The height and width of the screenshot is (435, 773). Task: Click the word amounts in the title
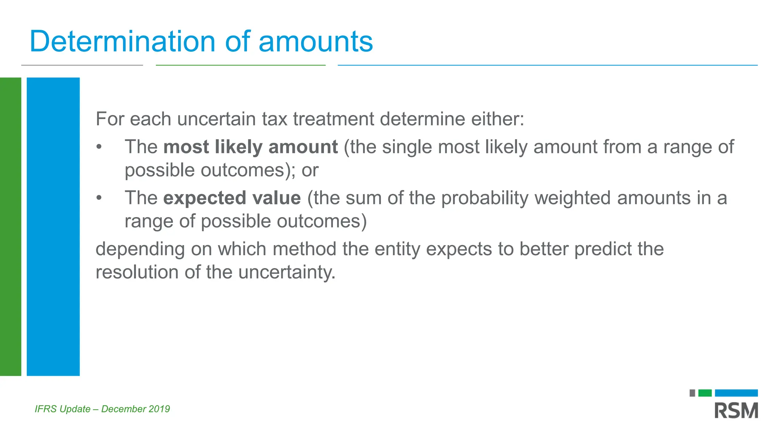[x=316, y=42]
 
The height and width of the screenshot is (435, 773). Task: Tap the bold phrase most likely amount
[x=250, y=147]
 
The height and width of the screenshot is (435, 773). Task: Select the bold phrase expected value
[x=232, y=198]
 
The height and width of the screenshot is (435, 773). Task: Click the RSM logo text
[x=736, y=411]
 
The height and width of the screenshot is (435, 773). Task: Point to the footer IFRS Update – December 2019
[x=102, y=409]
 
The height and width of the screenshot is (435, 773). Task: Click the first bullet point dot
[x=99, y=147]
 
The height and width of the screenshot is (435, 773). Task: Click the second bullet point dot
[x=99, y=198]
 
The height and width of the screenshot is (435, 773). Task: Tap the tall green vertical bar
[x=11, y=227]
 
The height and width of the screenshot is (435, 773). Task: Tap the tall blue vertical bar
[x=53, y=227]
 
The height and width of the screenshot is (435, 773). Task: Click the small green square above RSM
[x=705, y=393]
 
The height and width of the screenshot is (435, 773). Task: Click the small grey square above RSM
[x=692, y=393]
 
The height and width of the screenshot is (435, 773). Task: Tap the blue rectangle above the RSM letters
[x=736, y=393]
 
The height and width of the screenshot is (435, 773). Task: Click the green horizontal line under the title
[x=240, y=65]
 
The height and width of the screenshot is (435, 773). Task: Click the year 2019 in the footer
[x=159, y=409]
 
